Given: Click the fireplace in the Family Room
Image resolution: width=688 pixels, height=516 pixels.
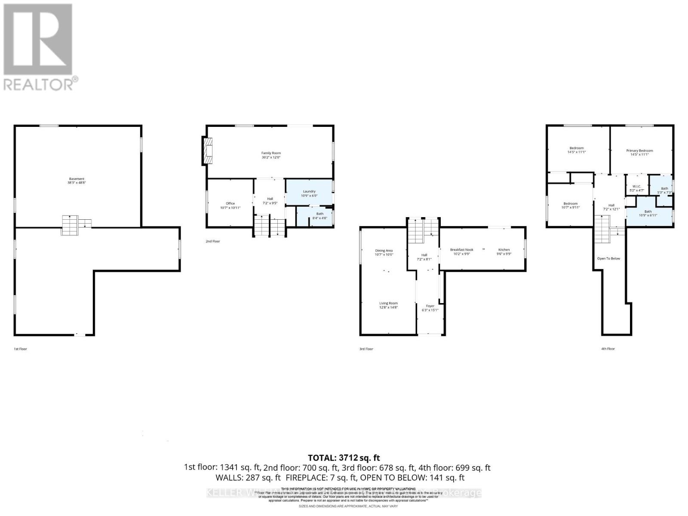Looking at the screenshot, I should pos(208,150).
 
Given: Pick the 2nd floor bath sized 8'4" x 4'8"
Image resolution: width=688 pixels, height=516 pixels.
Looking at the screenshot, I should pos(319,216).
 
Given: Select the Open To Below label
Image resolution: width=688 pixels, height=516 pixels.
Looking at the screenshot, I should pos(608,258).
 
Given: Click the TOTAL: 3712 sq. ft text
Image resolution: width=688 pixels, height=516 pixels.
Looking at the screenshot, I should pos(344,458).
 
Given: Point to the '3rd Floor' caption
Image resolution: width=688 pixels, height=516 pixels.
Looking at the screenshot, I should pos(366,349).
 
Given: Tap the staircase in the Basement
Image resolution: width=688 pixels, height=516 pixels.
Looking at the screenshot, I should pos(70,225).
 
